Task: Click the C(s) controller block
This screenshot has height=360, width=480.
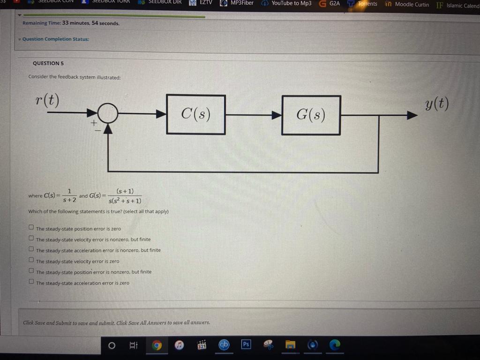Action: [196, 114]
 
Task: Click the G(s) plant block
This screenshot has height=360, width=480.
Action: [311, 115]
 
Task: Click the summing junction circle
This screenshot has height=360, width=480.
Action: [108, 113]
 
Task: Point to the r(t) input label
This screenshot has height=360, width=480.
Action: [47, 100]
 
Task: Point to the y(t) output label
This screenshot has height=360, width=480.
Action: [437, 104]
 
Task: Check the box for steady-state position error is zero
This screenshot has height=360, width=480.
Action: [31, 227]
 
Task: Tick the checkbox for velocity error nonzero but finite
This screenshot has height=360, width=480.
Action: [31, 238]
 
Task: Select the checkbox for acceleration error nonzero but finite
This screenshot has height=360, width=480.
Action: [31, 249]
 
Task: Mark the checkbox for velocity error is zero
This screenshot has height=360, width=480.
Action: [31, 260]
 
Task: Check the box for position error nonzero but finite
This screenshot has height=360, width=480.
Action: [31, 270]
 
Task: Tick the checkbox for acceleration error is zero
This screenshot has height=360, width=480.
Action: [31, 281]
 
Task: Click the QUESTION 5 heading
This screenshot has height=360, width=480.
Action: [48, 63]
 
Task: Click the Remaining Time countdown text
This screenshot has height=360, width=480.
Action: [71, 23]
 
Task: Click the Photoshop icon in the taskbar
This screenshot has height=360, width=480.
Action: [246, 345]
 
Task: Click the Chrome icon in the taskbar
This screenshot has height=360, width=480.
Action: [157, 345]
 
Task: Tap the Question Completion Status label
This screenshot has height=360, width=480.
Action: [56, 39]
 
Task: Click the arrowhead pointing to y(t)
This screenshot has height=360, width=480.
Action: [412, 115]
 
